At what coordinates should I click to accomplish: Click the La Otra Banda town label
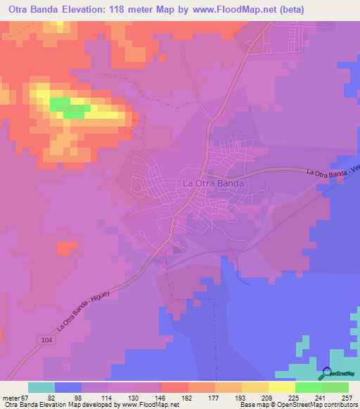point(214,183)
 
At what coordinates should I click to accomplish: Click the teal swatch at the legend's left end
point(41,387)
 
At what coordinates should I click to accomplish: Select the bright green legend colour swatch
point(309,387)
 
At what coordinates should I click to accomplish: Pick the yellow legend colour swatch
point(282,387)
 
